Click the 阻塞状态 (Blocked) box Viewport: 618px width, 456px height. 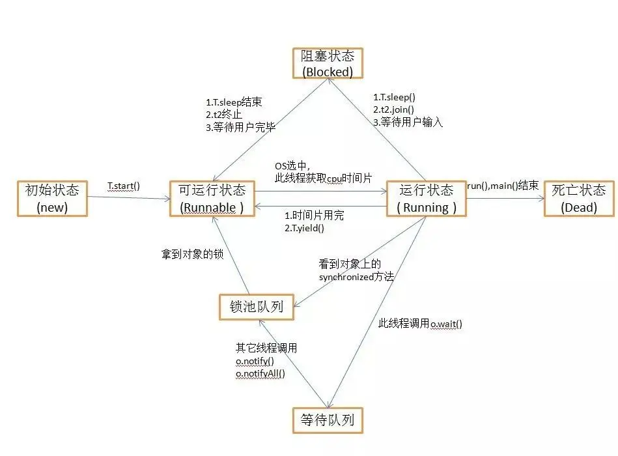tap(327, 64)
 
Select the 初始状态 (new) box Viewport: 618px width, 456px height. tap(51, 199)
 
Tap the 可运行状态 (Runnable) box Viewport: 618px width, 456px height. tap(212, 199)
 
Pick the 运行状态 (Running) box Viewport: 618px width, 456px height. tap(427, 199)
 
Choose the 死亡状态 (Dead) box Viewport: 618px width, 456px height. tap(579, 199)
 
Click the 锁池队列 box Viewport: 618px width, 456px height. tap(256, 307)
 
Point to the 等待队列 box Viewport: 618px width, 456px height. tap(328, 420)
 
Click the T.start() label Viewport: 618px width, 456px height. tap(124, 186)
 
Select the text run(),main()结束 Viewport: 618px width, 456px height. tap(502, 186)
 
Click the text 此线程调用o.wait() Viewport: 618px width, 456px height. tap(420, 324)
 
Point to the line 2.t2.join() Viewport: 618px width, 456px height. tap(393, 109)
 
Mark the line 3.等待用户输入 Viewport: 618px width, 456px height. tap(408, 122)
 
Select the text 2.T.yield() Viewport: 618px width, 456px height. tap(304, 228)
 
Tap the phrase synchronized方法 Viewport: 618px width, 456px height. tap(356, 276)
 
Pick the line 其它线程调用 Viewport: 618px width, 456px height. tap(266, 348)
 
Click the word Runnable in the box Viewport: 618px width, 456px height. tap(211, 208)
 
